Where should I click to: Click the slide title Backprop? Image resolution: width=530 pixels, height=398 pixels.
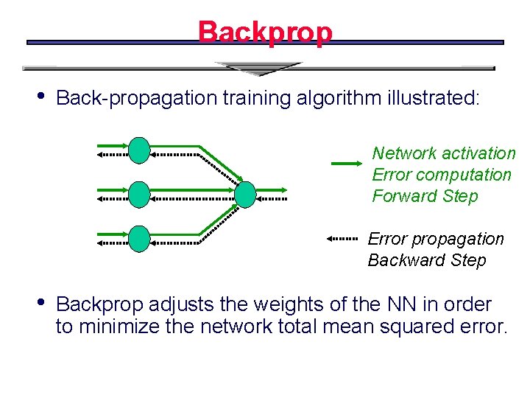[x=265, y=32]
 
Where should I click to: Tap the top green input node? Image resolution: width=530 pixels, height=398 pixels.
[x=139, y=150]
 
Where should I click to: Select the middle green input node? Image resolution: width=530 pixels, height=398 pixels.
[x=139, y=195]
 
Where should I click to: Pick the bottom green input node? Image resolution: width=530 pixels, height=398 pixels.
[x=139, y=239]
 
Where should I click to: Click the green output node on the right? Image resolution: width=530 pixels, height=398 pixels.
[x=245, y=195]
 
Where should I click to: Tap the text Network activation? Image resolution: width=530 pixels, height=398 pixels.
[x=443, y=153]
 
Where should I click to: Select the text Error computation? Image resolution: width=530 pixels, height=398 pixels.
[x=442, y=175]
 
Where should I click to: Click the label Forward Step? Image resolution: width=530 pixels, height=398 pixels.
[x=425, y=196]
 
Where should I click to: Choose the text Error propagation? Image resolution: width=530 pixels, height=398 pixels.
[x=436, y=239]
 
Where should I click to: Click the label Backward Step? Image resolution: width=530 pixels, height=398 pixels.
[x=427, y=260]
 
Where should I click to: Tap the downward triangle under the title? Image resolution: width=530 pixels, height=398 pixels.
[x=258, y=69]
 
